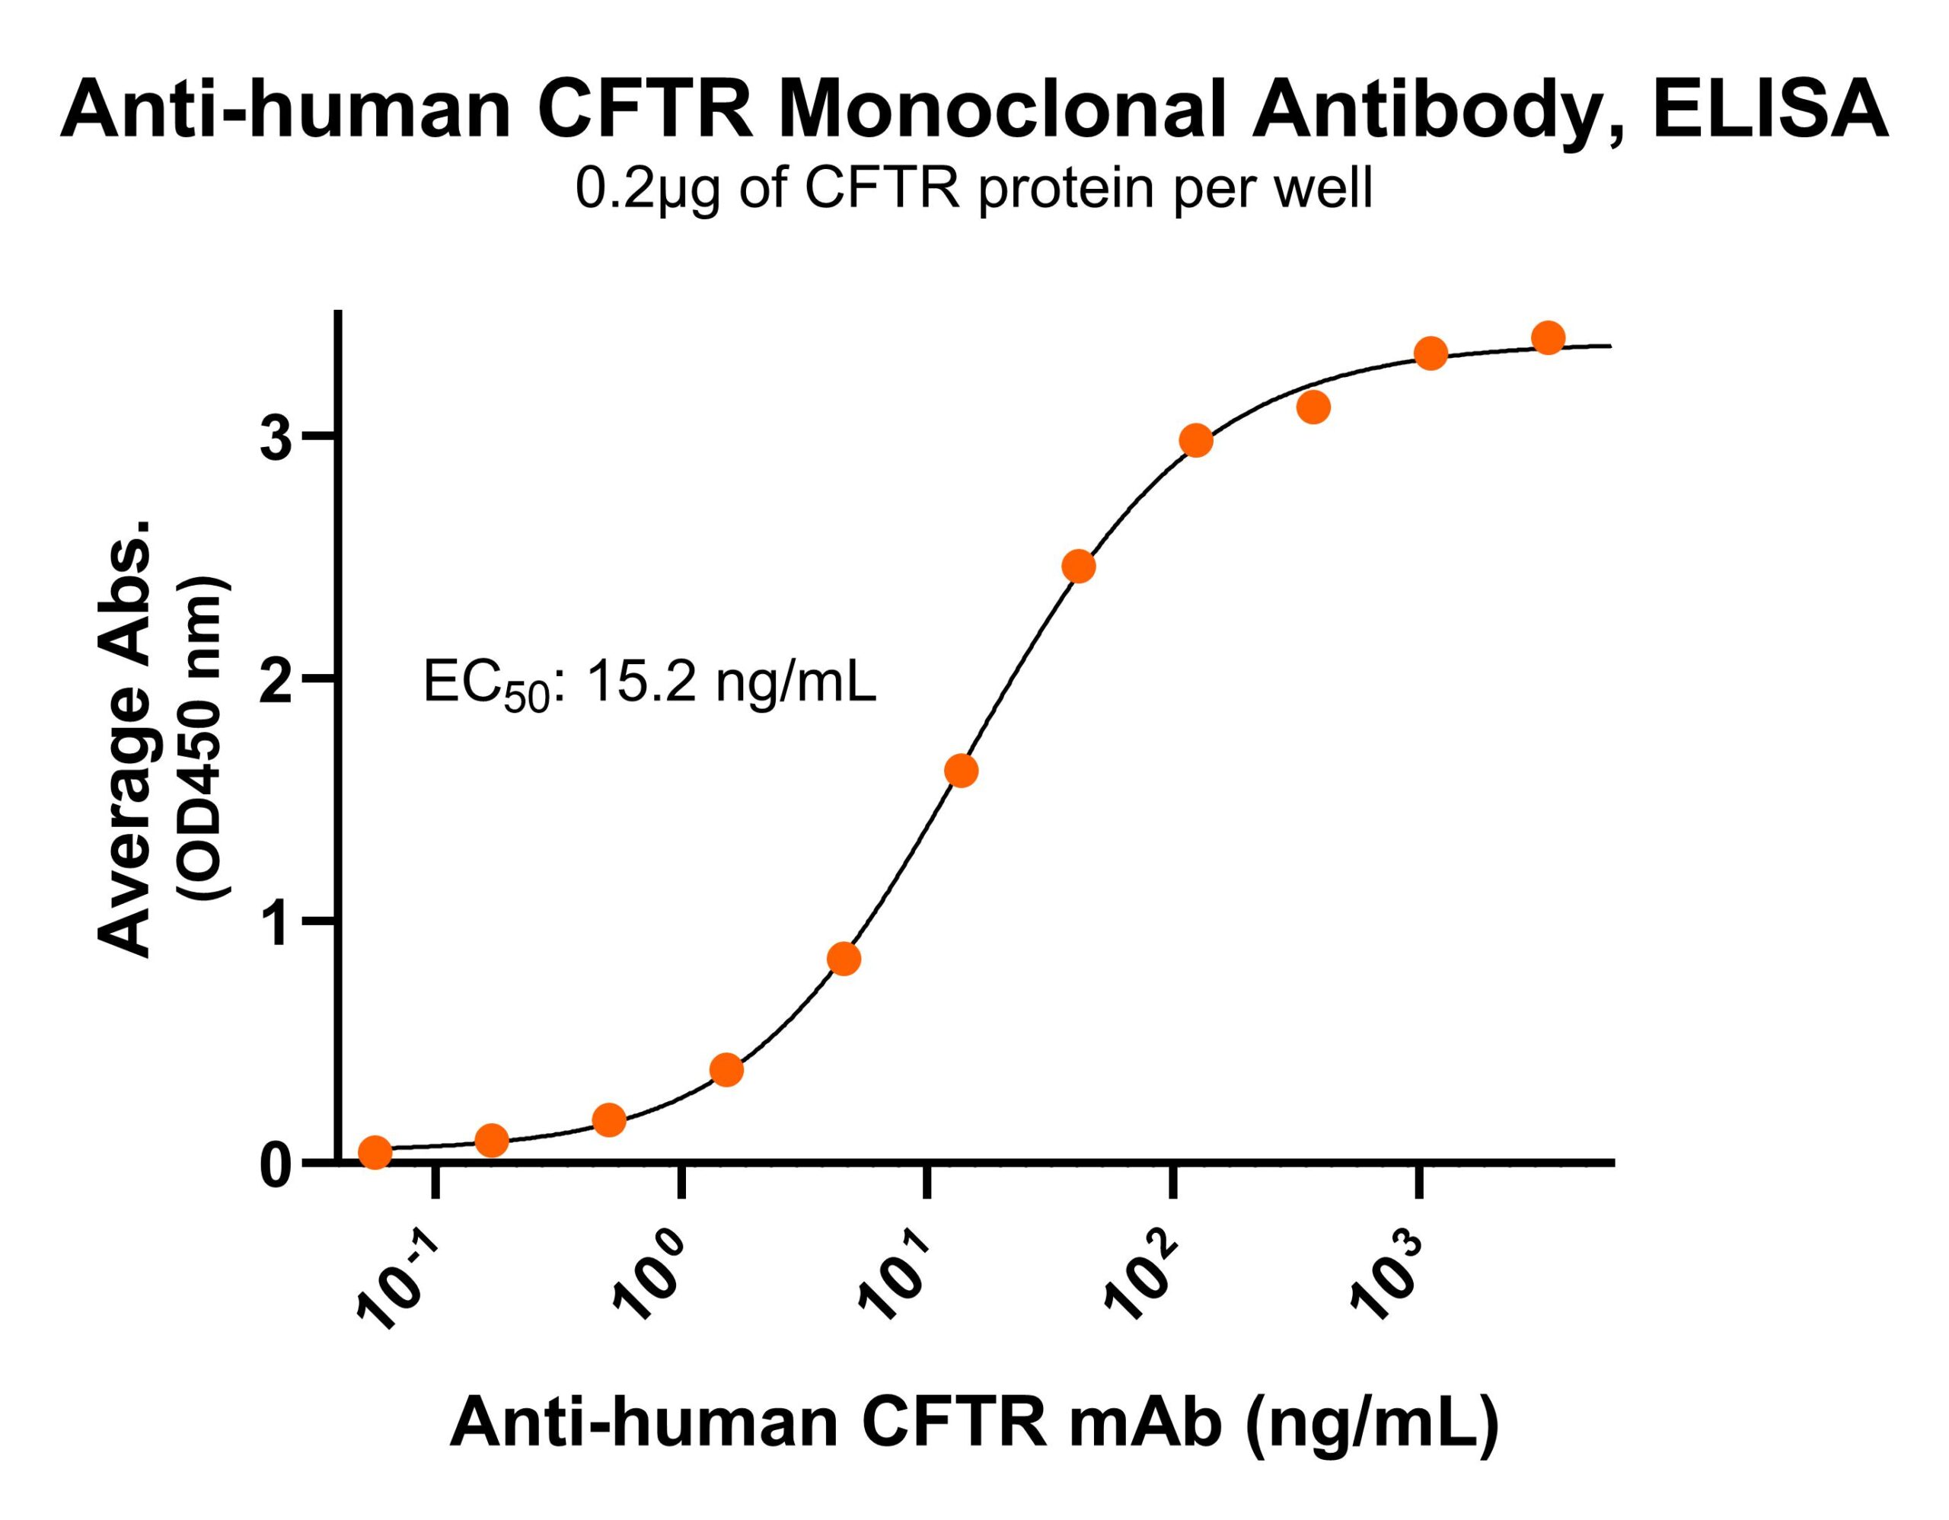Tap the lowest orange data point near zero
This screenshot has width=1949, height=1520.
click(x=375, y=1152)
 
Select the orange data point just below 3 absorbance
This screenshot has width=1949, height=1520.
click(x=1196, y=441)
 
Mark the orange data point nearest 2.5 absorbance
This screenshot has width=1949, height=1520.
click(x=1079, y=567)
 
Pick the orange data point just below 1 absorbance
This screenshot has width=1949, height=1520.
click(x=844, y=959)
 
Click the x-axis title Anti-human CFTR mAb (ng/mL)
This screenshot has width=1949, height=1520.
click(x=974, y=1423)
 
